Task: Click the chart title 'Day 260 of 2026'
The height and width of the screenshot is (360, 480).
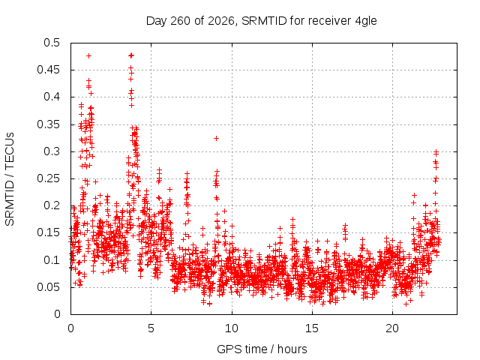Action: (190, 21)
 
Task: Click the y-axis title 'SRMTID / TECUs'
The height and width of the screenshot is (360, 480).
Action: (10, 179)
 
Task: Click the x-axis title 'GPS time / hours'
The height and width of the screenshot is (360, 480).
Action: (262, 349)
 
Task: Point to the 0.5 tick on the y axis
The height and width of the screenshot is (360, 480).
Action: (52, 43)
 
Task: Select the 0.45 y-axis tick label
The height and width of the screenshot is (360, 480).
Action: (49, 70)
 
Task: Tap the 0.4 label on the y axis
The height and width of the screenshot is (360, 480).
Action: (52, 97)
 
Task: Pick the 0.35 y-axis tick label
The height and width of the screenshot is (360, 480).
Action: (49, 124)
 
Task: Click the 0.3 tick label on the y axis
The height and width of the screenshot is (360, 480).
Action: (52, 151)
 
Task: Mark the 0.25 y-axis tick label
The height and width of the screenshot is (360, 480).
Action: (49, 178)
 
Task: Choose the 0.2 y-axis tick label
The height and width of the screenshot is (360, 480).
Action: (52, 205)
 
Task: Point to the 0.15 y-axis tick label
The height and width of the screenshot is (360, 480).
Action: (49, 232)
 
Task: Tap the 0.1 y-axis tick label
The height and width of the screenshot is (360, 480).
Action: (52, 260)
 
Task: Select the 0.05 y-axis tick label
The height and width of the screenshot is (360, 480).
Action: (49, 287)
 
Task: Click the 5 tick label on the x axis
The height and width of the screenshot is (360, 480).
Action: (151, 328)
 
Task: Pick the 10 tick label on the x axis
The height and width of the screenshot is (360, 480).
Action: (232, 328)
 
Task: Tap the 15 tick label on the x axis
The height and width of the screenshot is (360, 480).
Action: (312, 328)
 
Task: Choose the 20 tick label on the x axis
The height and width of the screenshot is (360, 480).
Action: (392, 328)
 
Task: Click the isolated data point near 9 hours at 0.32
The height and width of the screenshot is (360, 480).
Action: (216, 138)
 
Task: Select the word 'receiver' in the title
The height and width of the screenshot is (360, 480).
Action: (329, 21)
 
